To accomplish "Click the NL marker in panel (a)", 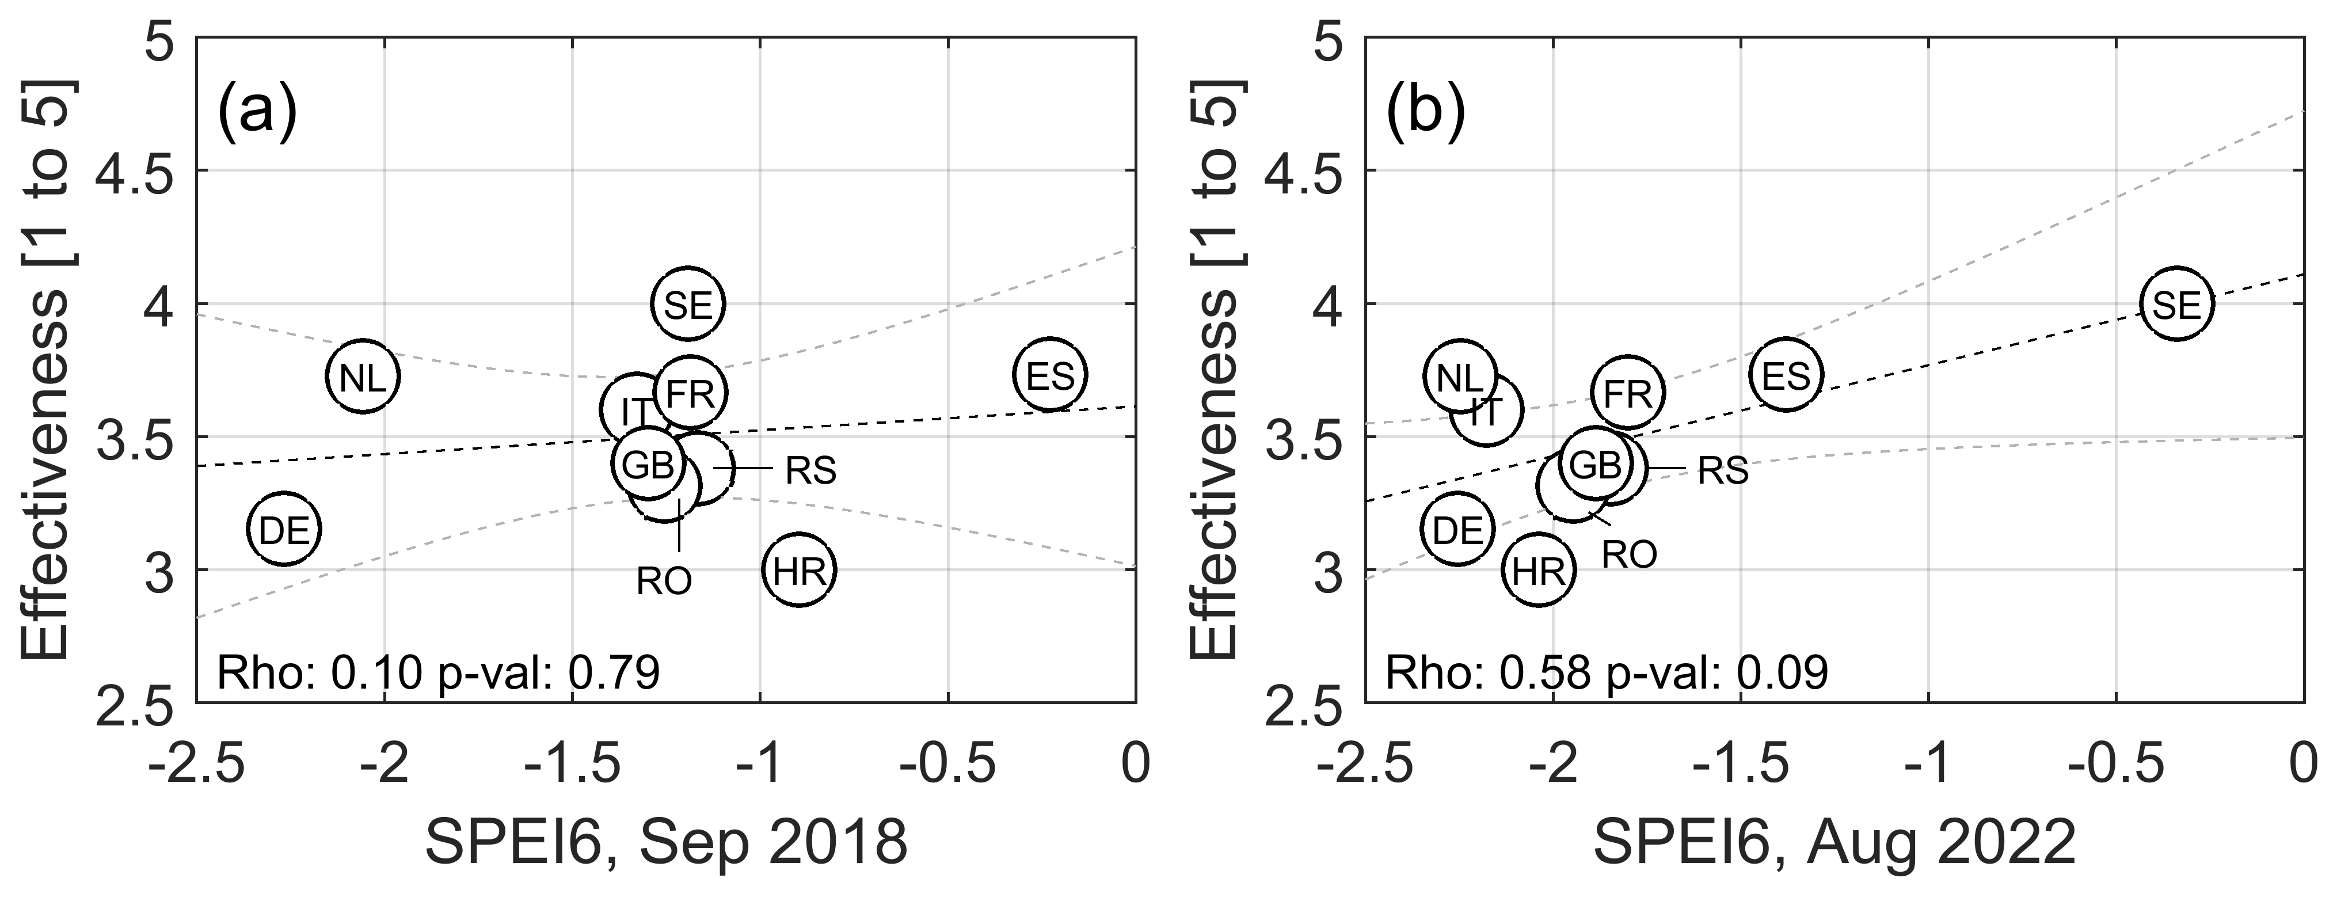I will (363, 377).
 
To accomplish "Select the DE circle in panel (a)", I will (285, 530).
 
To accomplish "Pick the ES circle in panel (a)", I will (1050, 375).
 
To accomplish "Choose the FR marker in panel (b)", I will (1628, 393).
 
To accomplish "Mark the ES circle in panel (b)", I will (1786, 375).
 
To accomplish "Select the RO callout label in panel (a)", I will (664, 580).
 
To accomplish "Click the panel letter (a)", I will (258, 112).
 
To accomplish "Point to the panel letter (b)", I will (1425, 112).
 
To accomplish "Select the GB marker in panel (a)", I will (648, 463).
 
